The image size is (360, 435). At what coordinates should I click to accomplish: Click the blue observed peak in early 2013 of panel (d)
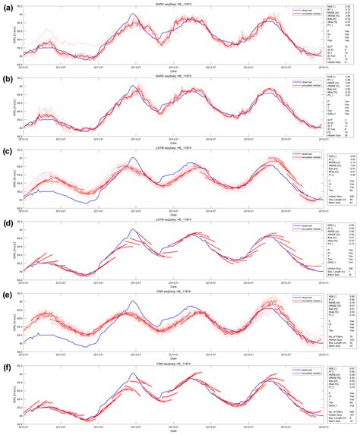pos(134,230)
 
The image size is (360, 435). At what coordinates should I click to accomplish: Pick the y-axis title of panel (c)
pos(15,179)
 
